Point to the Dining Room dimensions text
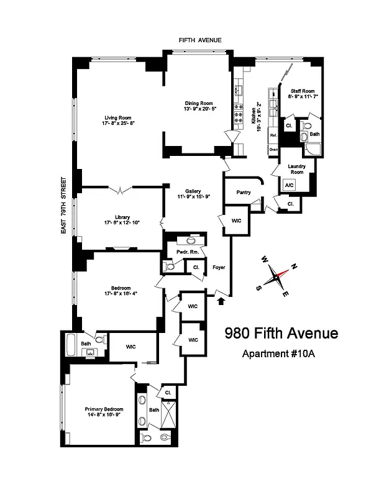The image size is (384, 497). point(198,109)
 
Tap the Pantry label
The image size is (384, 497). point(244,193)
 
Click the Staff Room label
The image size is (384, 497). point(302,91)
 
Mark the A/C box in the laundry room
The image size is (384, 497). point(289,185)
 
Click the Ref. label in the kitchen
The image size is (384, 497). point(273,135)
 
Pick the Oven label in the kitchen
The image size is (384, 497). point(273,150)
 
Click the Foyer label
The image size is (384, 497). point(218,267)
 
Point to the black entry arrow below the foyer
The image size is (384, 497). point(221,302)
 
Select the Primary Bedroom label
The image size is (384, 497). point(104,409)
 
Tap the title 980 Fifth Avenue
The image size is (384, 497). point(281,333)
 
